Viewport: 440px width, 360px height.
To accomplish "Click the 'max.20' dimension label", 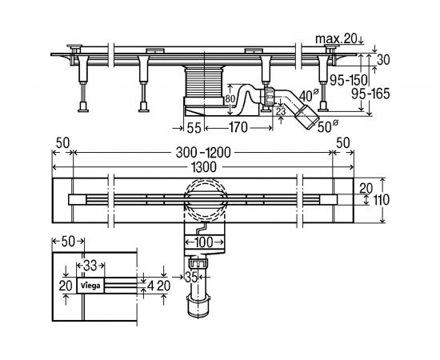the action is (x=336, y=39).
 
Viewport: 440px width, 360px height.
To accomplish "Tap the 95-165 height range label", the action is (x=370, y=94).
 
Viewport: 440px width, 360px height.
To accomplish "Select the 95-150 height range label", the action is (x=349, y=81).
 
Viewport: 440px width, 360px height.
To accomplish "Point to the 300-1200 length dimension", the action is (x=203, y=153).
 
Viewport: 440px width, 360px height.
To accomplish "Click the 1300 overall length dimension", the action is (x=204, y=167).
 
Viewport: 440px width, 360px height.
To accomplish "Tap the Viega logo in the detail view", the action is (x=90, y=286).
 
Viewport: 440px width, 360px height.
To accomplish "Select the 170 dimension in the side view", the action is (x=238, y=128).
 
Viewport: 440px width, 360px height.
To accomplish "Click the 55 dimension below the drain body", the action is (x=194, y=128).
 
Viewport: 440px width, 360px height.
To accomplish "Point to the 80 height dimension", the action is (x=230, y=99).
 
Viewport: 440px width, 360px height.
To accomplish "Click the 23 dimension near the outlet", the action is (x=281, y=112).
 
